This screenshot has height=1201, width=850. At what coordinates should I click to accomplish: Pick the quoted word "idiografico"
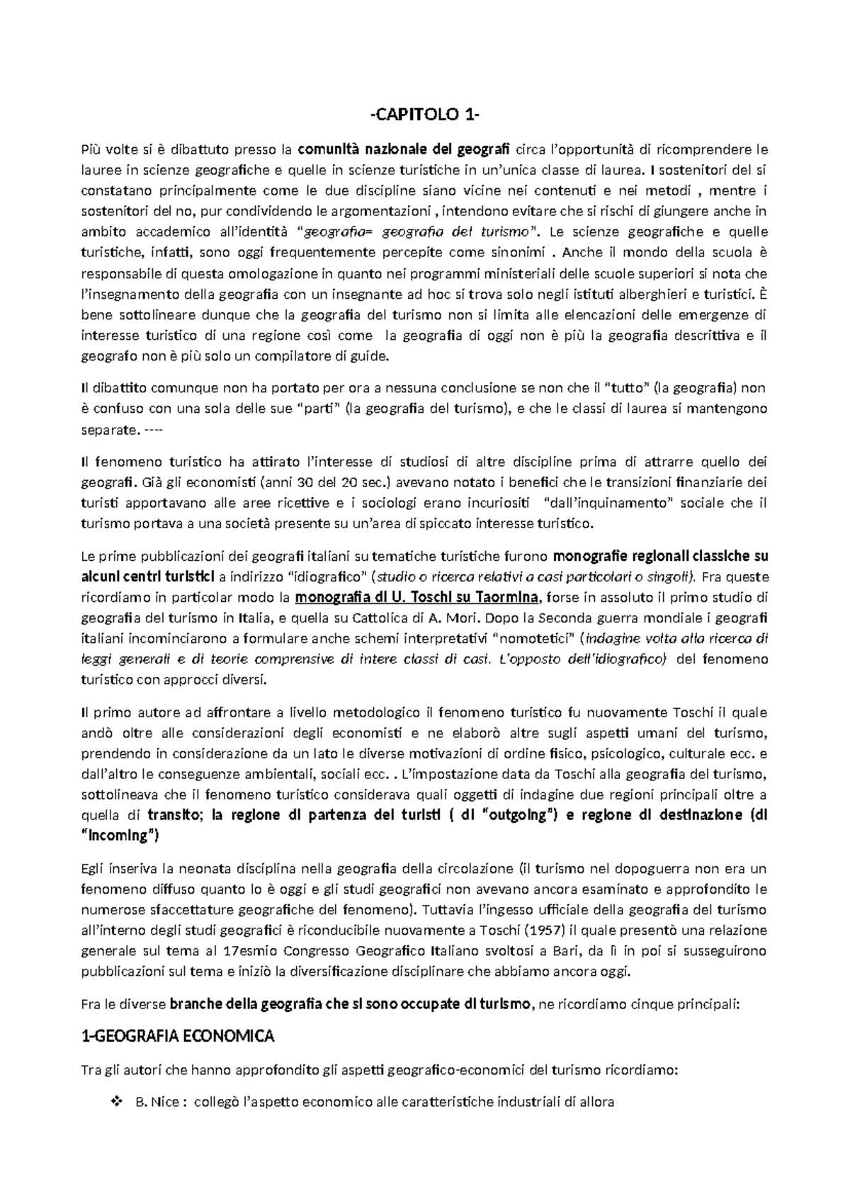click(327, 575)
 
